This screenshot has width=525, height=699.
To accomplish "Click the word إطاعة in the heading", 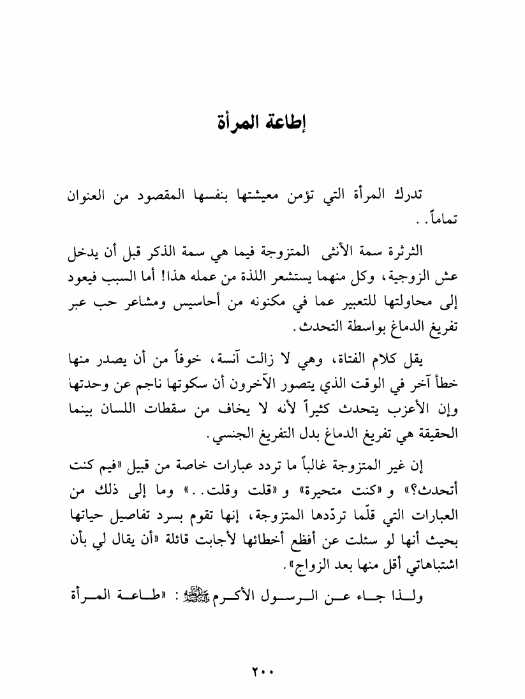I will pyautogui.click(x=284, y=121).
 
